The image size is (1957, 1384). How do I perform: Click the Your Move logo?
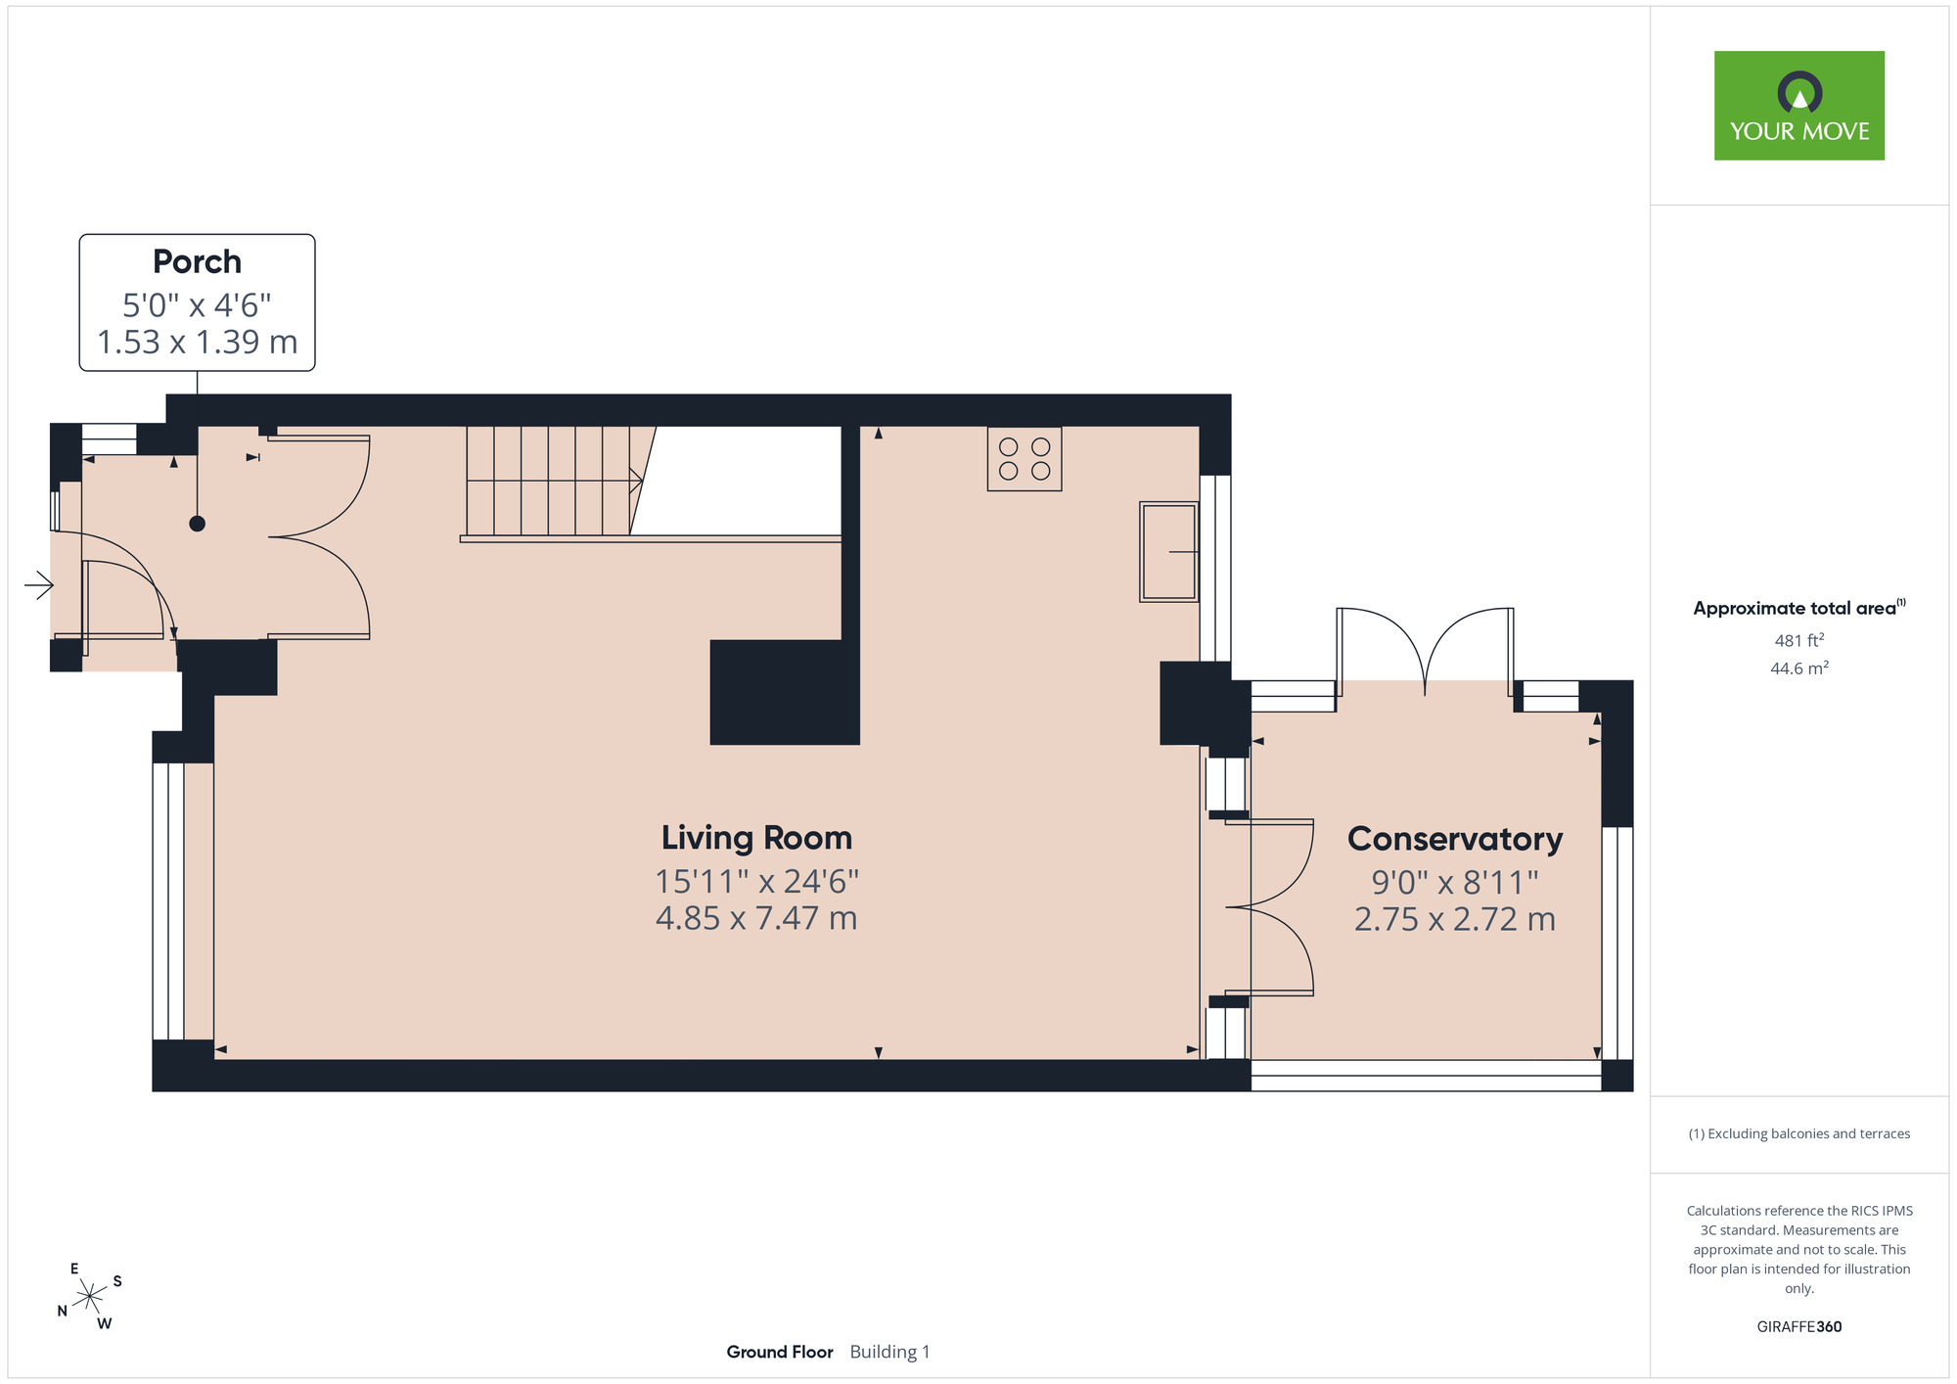pos(1798,106)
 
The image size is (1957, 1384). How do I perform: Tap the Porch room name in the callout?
pos(197,262)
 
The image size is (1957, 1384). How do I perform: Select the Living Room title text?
pos(756,838)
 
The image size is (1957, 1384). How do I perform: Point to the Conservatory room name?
pos(1455,839)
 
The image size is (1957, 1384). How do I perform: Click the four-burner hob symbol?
pos(1024,459)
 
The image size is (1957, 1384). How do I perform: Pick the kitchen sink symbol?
pos(1169,552)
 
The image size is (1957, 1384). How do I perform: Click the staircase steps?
pos(552,481)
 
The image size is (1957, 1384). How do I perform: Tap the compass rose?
pos(90,1297)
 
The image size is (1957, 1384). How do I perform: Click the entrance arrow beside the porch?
pos(39,585)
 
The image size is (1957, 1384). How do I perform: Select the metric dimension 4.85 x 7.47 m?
pos(756,919)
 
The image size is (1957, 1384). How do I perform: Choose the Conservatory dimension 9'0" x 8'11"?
pos(1455,883)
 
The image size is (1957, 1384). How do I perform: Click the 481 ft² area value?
pos(1799,640)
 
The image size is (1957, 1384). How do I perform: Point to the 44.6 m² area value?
pos(1799,669)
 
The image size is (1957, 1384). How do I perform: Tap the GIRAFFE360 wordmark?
pos(1799,1327)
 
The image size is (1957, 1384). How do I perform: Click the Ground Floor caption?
pos(780,1352)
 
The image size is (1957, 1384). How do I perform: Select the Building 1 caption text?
pos(890,1352)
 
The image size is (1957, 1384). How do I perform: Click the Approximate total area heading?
pos(1799,608)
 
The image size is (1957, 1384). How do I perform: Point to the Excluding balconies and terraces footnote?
pos(1799,1133)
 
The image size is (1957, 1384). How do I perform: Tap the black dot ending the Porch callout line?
pos(197,524)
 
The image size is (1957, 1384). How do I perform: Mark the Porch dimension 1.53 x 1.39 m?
pos(197,343)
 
